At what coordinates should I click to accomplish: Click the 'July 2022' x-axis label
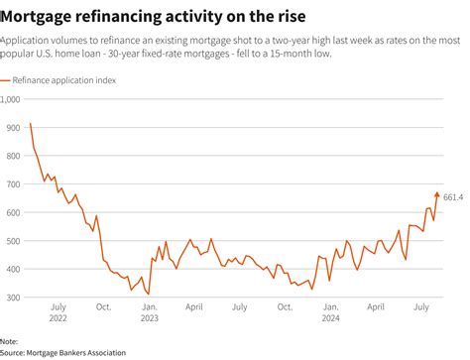(x=59, y=312)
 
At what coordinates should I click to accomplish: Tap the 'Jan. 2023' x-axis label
(x=149, y=312)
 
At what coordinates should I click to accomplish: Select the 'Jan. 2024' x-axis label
(x=331, y=312)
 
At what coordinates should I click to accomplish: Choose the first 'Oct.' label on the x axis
(x=103, y=306)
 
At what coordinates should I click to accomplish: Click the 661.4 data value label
(x=453, y=196)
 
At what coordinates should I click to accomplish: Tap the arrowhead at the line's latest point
(x=436, y=194)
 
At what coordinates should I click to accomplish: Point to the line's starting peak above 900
(x=31, y=124)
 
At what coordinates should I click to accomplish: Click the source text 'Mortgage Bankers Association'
(x=76, y=351)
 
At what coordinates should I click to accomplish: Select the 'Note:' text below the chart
(x=11, y=342)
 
